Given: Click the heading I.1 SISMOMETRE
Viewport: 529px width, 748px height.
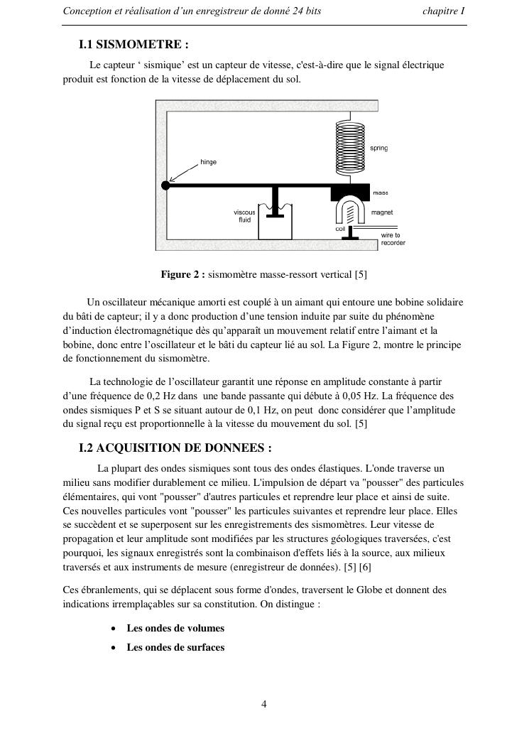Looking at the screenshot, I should pyautogui.click(x=134, y=45).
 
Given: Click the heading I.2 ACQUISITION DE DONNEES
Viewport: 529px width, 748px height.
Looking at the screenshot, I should pyautogui.click(x=175, y=448).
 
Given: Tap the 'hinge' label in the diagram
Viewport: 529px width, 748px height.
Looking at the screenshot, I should pyautogui.click(x=208, y=163).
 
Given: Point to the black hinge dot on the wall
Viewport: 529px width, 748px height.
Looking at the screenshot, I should pyautogui.click(x=165, y=185).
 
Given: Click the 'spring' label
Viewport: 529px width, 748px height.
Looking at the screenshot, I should pyautogui.click(x=379, y=148).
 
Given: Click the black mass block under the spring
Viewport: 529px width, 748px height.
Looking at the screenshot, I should pyautogui.click(x=350, y=192).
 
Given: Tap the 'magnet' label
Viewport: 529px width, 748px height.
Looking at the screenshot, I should pyautogui.click(x=382, y=212).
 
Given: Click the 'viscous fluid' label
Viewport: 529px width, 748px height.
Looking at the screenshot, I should pyautogui.click(x=244, y=216).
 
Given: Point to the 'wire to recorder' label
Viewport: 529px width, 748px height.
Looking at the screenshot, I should pyautogui.click(x=393, y=239).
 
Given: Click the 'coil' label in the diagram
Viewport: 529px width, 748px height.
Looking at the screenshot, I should pyautogui.click(x=340, y=229).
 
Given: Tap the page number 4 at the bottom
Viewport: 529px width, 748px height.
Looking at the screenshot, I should pyautogui.click(x=264, y=705).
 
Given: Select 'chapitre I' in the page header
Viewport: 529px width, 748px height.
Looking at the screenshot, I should pyautogui.click(x=443, y=11).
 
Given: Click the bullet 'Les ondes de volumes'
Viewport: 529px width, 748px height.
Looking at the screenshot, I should pyautogui.click(x=175, y=628).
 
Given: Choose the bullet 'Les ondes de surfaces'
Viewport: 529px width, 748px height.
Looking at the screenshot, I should pyautogui.click(x=175, y=647).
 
